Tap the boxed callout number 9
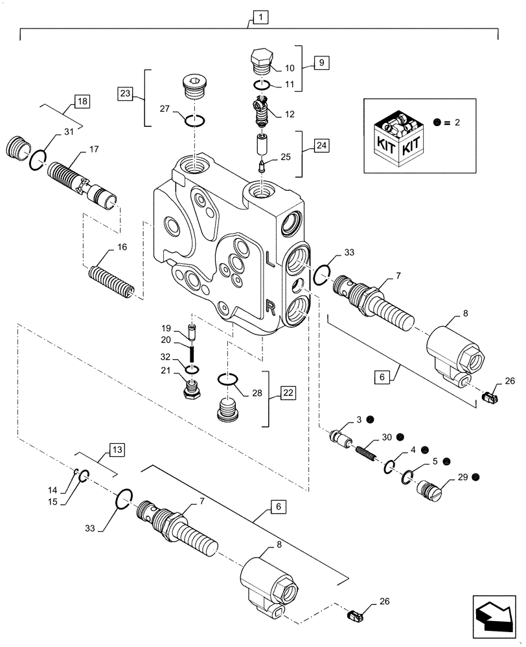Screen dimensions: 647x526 [321, 63]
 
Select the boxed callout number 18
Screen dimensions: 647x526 [82, 102]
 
